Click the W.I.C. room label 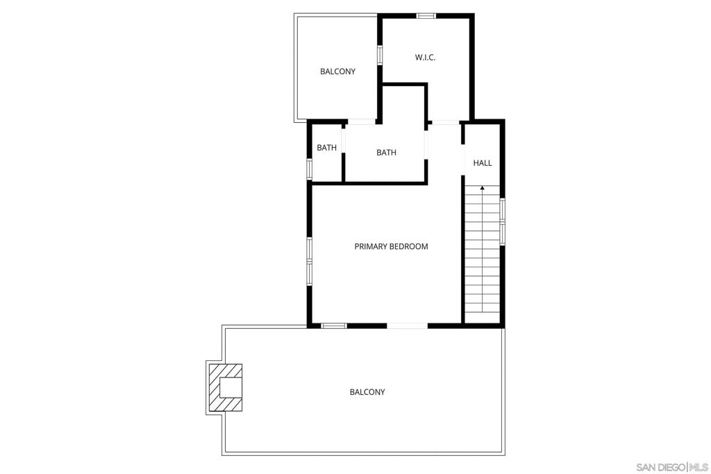(425, 58)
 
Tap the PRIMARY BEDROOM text (391, 246)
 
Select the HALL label (483, 162)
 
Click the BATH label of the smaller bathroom (326, 148)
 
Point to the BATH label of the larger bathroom (386, 153)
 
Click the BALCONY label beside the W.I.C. (338, 71)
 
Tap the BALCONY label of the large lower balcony (367, 392)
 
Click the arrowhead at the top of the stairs (483, 187)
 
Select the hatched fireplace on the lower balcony (225, 387)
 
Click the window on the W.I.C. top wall (426, 16)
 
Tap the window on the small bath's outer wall (310, 169)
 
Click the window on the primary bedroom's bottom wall (334, 325)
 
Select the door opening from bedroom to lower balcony (407, 325)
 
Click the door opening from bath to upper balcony (361, 122)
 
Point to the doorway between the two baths (343, 140)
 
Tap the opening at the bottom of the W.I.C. (445, 122)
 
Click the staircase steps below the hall (483, 248)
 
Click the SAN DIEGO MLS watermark (672, 467)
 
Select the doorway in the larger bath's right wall (426, 144)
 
